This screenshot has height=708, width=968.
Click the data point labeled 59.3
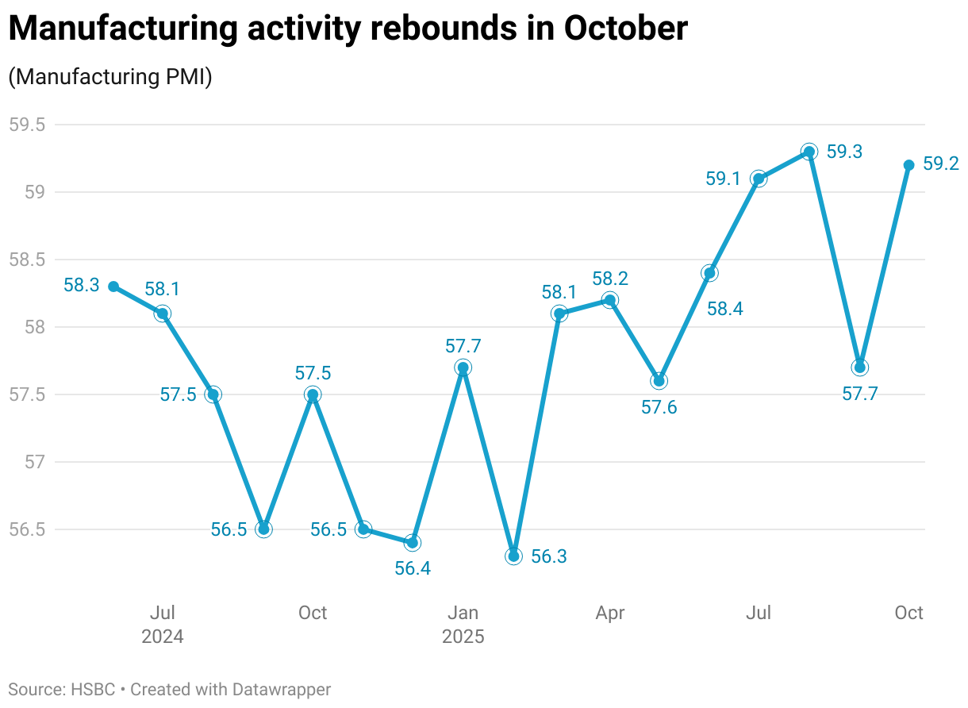(x=809, y=152)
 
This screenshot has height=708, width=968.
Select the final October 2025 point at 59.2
(x=908, y=165)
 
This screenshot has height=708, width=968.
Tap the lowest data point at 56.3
(x=513, y=556)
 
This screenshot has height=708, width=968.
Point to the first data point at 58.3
(x=113, y=287)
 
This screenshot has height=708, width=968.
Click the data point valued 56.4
(x=413, y=542)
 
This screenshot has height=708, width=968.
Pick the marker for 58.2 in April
(x=610, y=300)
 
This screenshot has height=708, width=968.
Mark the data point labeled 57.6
(x=659, y=381)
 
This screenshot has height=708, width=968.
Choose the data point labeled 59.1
(x=758, y=179)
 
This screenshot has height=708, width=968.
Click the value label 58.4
(x=724, y=310)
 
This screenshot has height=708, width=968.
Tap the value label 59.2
(x=942, y=164)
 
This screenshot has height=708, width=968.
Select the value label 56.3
(x=549, y=556)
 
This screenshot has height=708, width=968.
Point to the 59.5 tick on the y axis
(x=27, y=125)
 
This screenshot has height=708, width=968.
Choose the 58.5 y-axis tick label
(x=27, y=260)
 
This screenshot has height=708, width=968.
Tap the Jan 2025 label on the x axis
(x=463, y=624)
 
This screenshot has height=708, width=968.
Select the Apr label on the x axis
(x=610, y=613)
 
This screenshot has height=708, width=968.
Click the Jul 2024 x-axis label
(x=163, y=624)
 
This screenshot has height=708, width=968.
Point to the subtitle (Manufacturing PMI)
(x=109, y=77)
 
